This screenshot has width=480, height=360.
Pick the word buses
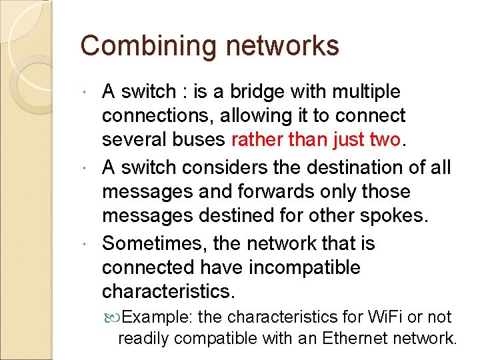[199, 141]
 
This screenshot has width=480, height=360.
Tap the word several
[131, 141]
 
